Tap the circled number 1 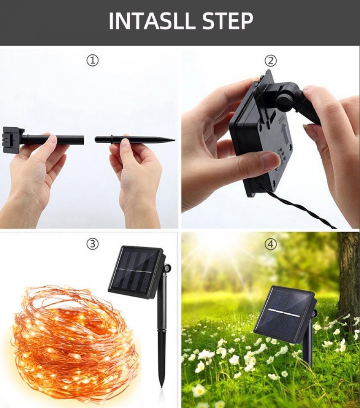[93, 61]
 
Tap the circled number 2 [271, 61]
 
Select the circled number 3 [93, 244]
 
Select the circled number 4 [271, 244]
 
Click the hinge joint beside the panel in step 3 [167, 268]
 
